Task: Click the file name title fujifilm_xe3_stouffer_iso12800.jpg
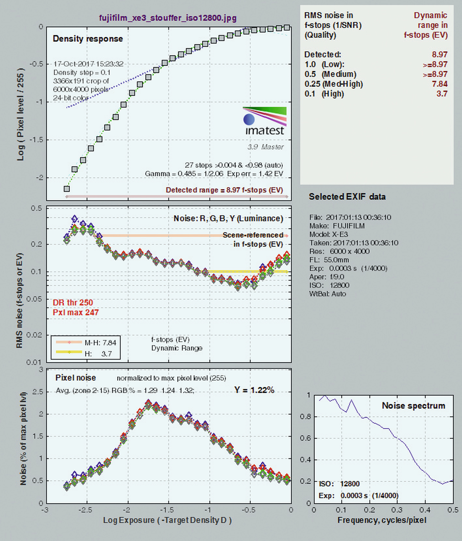[x=168, y=18]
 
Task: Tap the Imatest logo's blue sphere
[x=249, y=119]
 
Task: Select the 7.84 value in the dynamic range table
[x=439, y=84]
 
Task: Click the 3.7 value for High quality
[x=442, y=94]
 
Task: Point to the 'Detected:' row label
[x=323, y=54]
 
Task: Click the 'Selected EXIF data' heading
[x=347, y=197]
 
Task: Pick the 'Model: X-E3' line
[x=328, y=234]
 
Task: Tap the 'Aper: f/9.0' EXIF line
[x=327, y=277]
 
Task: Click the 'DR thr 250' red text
[x=73, y=303]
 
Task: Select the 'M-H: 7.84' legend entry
[x=86, y=343]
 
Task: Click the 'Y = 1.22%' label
[x=254, y=390]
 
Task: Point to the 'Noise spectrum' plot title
[x=414, y=406]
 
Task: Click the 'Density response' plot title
[x=88, y=39]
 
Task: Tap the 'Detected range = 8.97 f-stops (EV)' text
[x=224, y=190]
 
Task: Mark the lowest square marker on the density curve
[x=67, y=189]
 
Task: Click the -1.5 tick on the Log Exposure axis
[x=168, y=510]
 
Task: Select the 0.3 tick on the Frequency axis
[x=397, y=510]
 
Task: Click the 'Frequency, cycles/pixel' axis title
[x=382, y=520]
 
